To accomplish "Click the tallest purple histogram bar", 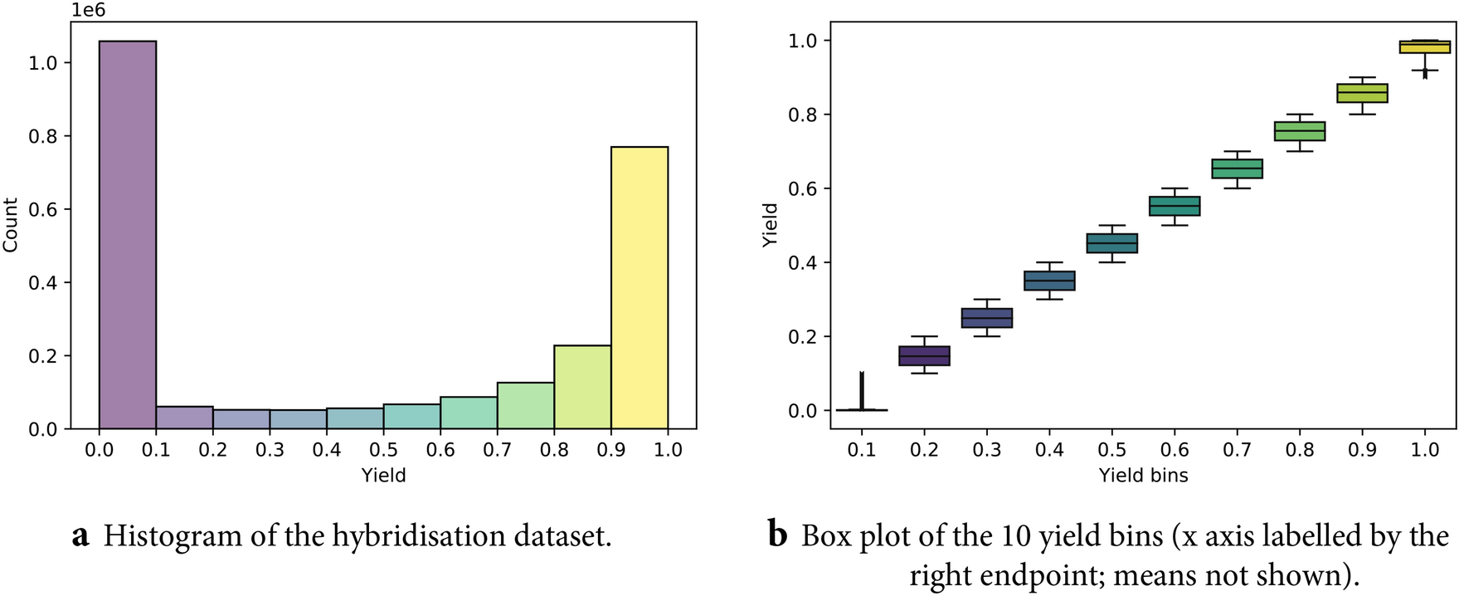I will pyautogui.click(x=127, y=235).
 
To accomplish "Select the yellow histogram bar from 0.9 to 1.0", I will pyautogui.click(x=640, y=287).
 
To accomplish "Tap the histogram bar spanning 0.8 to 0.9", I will pyautogui.click(x=582, y=388).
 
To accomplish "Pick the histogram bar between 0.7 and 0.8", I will pyautogui.click(x=525, y=406).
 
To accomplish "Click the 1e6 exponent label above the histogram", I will pyautogui.click(x=88, y=11).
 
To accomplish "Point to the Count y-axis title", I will pyautogui.click(x=11, y=225).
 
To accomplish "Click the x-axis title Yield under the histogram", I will pyautogui.click(x=383, y=476).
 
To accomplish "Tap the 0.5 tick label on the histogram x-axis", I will pyautogui.click(x=383, y=450).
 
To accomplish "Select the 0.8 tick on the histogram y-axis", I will pyautogui.click(x=43, y=136).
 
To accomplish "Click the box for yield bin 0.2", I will pyautogui.click(x=924, y=356).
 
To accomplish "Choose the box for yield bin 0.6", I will pyautogui.click(x=1174, y=206).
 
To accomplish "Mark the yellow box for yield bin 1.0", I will pyautogui.click(x=1425, y=46).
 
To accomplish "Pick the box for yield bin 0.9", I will pyautogui.click(x=1362, y=93).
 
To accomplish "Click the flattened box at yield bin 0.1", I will pyautogui.click(x=862, y=409).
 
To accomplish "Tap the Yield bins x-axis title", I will pyautogui.click(x=1143, y=476).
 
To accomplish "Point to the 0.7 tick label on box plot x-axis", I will pyautogui.click(x=1237, y=450).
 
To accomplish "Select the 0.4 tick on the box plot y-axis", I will pyautogui.click(x=802, y=263).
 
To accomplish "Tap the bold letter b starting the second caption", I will pyautogui.click(x=777, y=536).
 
